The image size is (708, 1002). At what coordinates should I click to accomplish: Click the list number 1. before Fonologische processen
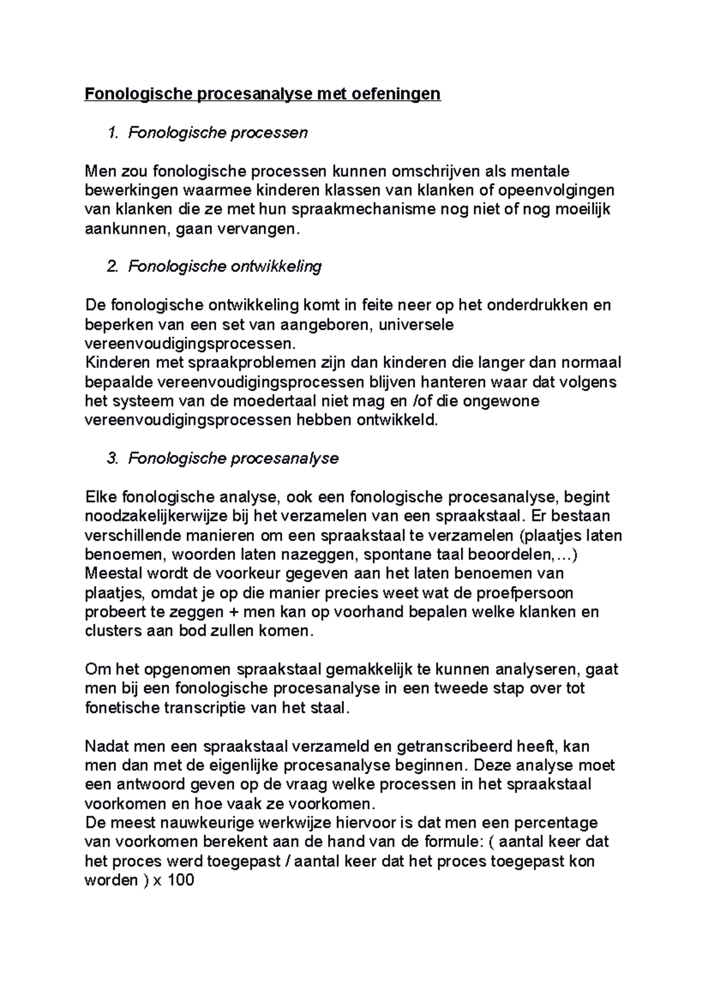113,133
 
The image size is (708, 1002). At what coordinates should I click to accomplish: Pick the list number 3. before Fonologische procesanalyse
113,459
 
